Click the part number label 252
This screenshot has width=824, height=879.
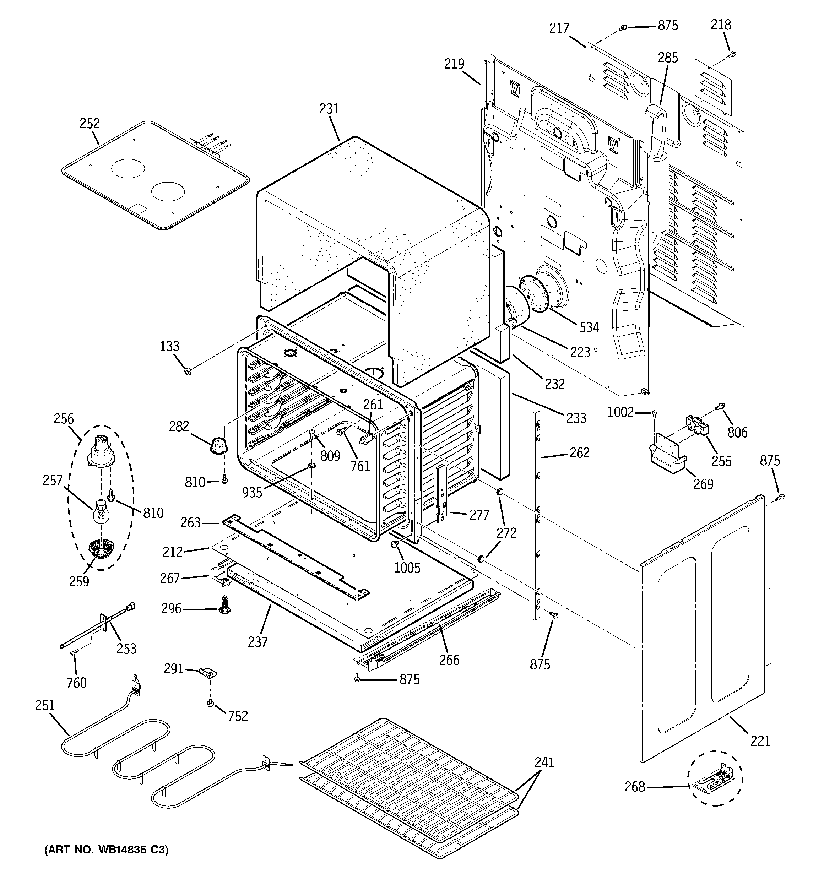pos(90,123)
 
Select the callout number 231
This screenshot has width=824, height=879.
pos(329,109)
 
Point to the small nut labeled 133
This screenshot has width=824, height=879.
pos(187,370)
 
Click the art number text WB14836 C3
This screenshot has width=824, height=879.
pos(106,850)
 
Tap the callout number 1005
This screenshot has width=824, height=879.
pos(407,568)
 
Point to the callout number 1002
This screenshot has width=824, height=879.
pos(620,412)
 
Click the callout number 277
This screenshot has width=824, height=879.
pos(479,515)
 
